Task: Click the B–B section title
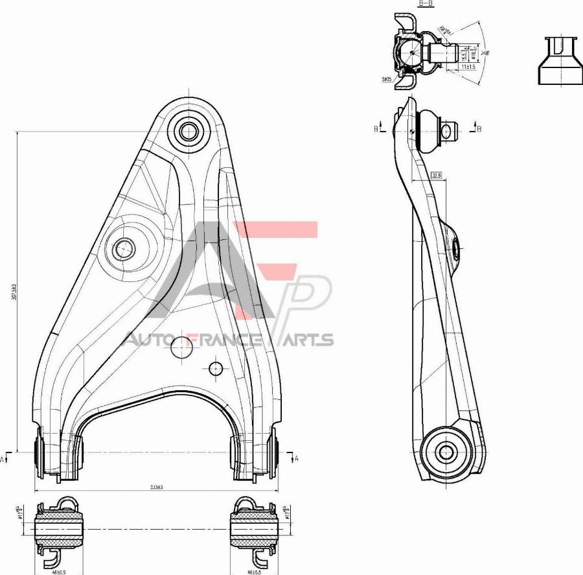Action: (x=425, y=4)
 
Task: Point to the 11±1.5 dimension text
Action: (x=468, y=67)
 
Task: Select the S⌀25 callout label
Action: (x=387, y=79)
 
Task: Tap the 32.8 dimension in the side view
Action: (x=436, y=175)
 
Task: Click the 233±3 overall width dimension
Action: (x=156, y=487)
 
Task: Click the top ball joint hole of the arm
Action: (x=189, y=131)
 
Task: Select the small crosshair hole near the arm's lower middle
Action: (x=216, y=368)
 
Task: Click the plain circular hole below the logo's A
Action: (x=182, y=348)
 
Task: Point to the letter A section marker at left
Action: (x=3, y=459)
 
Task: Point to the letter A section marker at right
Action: (x=296, y=458)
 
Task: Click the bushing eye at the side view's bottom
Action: (x=445, y=452)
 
